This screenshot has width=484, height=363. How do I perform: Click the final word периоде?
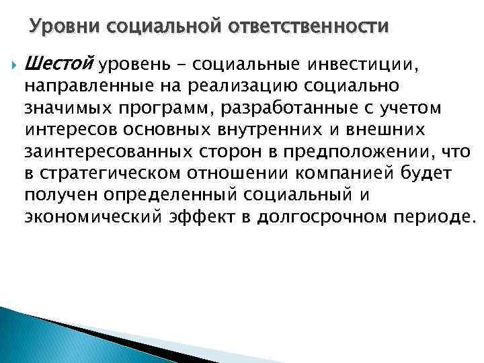429,216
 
